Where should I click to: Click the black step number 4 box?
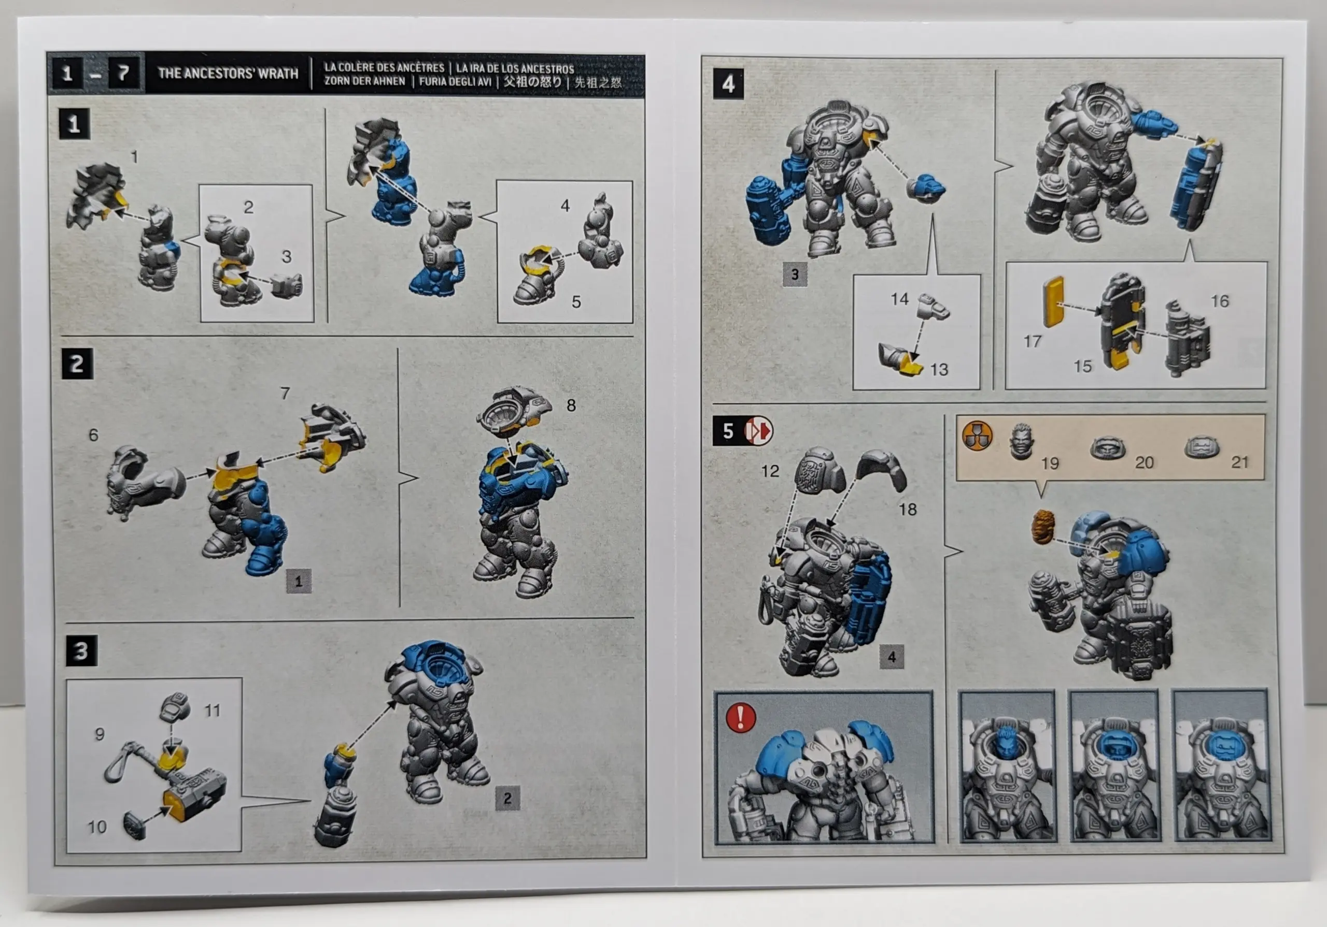click(x=728, y=84)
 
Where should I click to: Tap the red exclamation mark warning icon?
click(x=740, y=717)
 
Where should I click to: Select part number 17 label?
click(x=1032, y=341)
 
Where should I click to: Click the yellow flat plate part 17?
click(x=1053, y=301)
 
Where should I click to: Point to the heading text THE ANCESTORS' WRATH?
click(x=228, y=74)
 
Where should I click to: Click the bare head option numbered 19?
click(x=1021, y=441)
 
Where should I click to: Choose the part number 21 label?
click(x=1240, y=462)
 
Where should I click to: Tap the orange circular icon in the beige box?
click(x=977, y=436)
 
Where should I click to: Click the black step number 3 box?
click(x=81, y=651)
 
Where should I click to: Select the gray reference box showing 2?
click(x=507, y=798)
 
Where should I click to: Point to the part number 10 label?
click(x=96, y=827)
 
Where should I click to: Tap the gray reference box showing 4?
click(x=892, y=657)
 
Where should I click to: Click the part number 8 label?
click(x=571, y=405)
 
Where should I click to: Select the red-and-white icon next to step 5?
click(x=758, y=430)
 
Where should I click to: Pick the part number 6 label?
click(x=93, y=435)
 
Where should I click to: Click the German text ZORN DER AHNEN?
click(x=365, y=81)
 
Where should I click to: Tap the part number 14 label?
click(x=899, y=299)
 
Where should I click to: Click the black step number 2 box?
click(x=77, y=364)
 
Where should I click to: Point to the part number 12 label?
click(x=770, y=471)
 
